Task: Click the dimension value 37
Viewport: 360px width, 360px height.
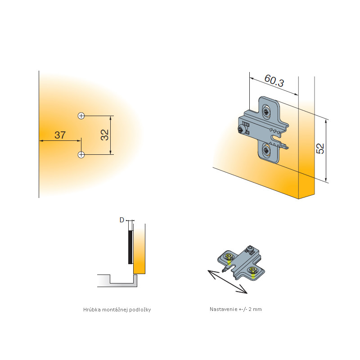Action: [x=60, y=135]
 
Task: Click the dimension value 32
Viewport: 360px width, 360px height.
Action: [x=105, y=135]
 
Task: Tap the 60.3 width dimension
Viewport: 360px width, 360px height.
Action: [x=274, y=81]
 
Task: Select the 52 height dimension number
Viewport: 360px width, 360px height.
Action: [x=320, y=148]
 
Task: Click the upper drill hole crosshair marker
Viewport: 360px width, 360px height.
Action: [x=81, y=116]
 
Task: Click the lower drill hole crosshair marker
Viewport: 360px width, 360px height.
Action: [x=81, y=154]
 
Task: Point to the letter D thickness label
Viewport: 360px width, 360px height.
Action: [x=121, y=220]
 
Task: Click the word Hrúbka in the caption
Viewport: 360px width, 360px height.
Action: [x=92, y=310]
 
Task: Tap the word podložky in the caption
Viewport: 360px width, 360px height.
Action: [x=140, y=310]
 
